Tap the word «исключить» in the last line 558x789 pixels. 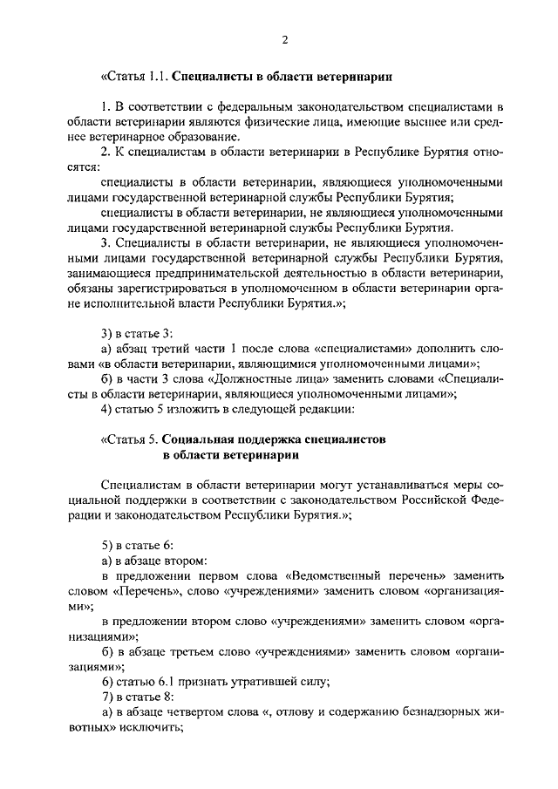150,728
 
